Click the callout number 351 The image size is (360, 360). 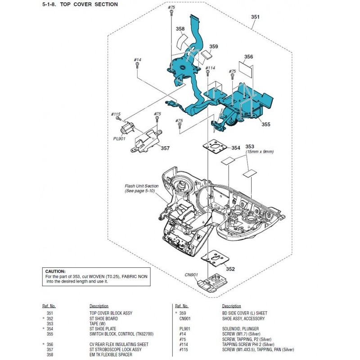pyautogui.click(x=255, y=17)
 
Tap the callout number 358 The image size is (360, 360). pyautogui.click(x=180, y=29)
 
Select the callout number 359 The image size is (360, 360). pyautogui.click(x=214, y=46)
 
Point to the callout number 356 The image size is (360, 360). pyautogui.click(x=248, y=57)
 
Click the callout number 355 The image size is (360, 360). pyautogui.click(x=266, y=124)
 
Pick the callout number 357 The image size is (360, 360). pyautogui.click(x=165, y=148)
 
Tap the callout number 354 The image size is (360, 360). pyautogui.click(x=236, y=148)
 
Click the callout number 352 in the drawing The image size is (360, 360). pyautogui.click(x=230, y=269)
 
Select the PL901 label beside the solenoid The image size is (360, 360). pyautogui.click(x=119, y=139)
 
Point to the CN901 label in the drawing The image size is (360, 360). pyautogui.click(x=191, y=274)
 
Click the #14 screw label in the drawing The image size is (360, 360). pyautogui.click(x=137, y=60)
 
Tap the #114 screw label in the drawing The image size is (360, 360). pyautogui.click(x=210, y=68)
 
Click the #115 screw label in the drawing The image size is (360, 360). pyautogui.click(x=116, y=114)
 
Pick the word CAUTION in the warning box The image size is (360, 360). pyautogui.click(x=55, y=271)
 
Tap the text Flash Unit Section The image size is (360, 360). pyautogui.click(x=142, y=186)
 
